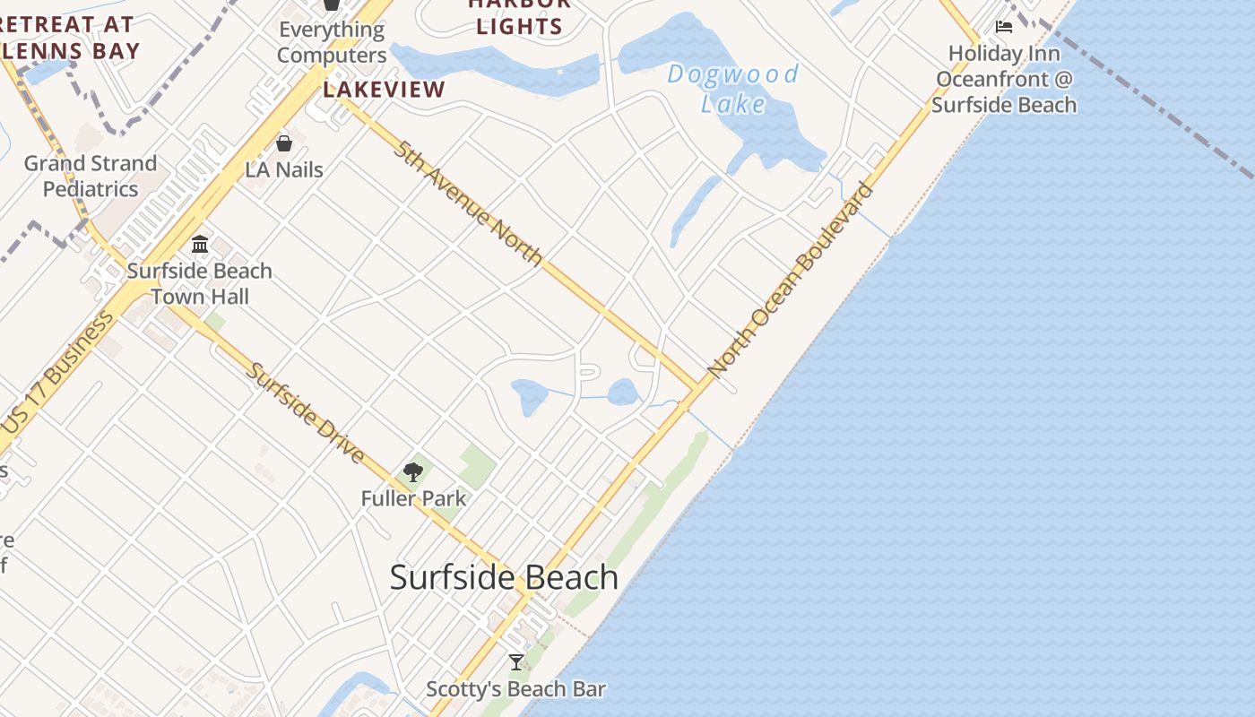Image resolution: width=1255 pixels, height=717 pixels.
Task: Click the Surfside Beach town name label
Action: [x=504, y=577]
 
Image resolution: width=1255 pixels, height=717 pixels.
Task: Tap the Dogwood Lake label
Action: [x=733, y=89]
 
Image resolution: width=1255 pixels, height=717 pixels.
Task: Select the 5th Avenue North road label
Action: [x=468, y=203]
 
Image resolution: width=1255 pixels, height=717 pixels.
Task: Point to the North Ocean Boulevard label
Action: [x=790, y=280]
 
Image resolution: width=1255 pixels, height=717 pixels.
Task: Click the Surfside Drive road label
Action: [x=306, y=413]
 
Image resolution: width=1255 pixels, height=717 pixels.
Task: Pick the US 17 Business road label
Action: [x=59, y=373]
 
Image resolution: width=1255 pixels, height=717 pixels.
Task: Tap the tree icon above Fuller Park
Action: [x=413, y=471]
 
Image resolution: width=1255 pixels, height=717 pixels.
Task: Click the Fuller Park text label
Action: [x=413, y=498]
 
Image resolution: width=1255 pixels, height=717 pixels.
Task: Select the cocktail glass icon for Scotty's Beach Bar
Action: [x=516, y=662]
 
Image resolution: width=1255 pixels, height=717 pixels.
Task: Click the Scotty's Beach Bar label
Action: [x=516, y=689]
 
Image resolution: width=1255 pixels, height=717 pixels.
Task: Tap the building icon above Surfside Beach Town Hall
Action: [x=200, y=244]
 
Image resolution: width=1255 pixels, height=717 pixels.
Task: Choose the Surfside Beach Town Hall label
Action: [x=200, y=283]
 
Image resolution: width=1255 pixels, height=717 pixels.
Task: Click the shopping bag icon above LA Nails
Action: [x=284, y=143]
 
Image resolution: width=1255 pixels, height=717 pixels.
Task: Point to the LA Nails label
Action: [x=284, y=169]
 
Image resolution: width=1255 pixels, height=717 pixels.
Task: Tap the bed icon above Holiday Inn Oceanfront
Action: [x=1004, y=27]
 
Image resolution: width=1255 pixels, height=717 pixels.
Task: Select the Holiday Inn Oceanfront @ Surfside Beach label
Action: [x=1004, y=79]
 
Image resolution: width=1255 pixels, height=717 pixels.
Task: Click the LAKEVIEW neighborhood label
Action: [x=384, y=90]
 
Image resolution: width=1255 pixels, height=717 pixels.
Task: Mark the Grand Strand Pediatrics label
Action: [x=91, y=176]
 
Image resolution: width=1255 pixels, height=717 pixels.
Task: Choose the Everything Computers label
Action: [x=332, y=42]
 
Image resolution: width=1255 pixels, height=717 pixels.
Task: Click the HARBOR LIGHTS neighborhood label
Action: [x=519, y=16]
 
